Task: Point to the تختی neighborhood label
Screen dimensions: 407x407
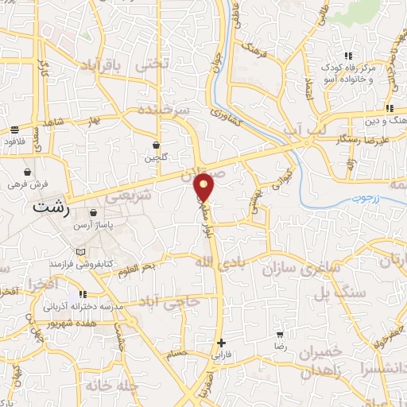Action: [153, 62]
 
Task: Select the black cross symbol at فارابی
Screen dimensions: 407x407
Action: [222, 343]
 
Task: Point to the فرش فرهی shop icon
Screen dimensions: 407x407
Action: [28, 172]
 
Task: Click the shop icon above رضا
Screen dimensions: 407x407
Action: [280, 335]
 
